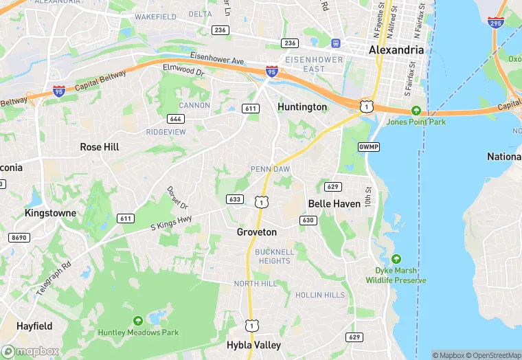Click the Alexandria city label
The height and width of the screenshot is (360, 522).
pyautogui.click(x=396, y=50)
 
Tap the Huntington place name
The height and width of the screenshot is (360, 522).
pyautogui.click(x=302, y=107)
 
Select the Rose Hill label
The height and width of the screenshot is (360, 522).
pyautogui.click(x=100, y=147)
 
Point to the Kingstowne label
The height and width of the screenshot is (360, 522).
pyautogui.click(x=50, y=213)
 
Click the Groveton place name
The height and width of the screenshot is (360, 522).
pyautogui.click(x=257, y=232)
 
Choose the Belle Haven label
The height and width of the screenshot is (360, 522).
pyautogui.click(x=334, y=204)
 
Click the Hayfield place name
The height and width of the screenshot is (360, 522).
pyautogui.click(x=34, y=326)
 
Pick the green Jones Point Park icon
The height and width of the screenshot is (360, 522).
pyautogui.click(x=416, y=111)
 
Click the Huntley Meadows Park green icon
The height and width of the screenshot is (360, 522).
pyautogui.click(x=138, y=320)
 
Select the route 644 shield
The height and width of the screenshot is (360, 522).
pyautogui.click(x=175, y=119)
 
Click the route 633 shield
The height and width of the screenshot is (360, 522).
pyautogui.click(x=234, y=199)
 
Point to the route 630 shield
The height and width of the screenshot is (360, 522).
pyautogui.click(x=308, y=220)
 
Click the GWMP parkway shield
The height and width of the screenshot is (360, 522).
pyautogui.click(x=367, y=147)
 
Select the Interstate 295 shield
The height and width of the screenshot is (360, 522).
pyautogui.click(x=495, y=23)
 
